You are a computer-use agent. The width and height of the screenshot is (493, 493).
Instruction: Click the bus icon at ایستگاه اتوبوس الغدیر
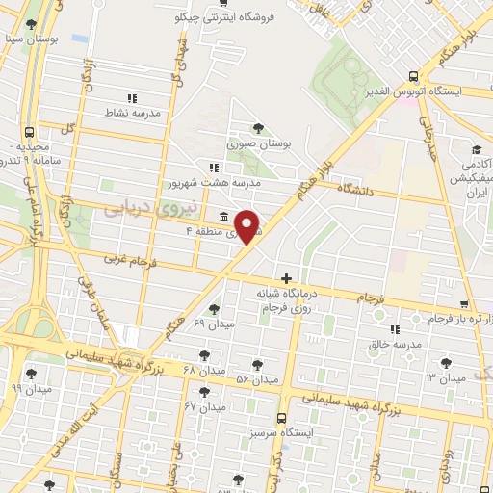[413, 76]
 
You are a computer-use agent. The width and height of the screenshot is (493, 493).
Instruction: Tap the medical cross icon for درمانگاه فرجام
[285, 278]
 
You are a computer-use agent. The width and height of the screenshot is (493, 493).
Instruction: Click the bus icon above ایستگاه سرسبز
[281, 418]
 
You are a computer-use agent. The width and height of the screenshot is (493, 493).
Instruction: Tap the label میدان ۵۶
[257, 379]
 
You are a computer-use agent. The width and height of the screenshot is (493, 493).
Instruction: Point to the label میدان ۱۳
[445, 377]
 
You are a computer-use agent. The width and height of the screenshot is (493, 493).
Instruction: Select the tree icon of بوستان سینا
[33, 25]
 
